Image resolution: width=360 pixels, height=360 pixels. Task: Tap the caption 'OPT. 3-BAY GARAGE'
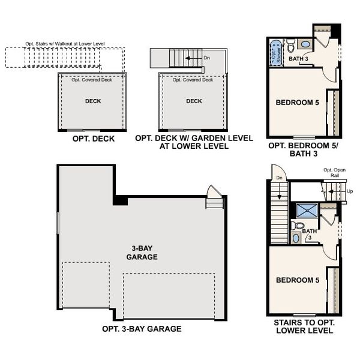tap(142, 329)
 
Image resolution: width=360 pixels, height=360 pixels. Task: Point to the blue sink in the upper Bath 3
tap(305, 44)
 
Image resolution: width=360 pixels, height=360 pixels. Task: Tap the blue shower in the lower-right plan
tap(307, 210)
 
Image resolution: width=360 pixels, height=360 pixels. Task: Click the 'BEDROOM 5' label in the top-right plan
tap(297, 103)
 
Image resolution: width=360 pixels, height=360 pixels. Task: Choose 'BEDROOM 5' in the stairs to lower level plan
tap(297, 280)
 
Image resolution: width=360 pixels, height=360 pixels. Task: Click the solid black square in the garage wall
tap(120, 200)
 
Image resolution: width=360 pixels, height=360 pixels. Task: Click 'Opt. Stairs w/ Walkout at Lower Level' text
tap(65, 44)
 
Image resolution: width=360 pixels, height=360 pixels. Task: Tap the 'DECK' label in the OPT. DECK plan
tap(93, 101)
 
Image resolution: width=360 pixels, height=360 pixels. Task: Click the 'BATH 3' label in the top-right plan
tap(298, 59)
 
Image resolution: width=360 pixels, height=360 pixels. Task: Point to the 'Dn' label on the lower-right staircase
tap(279, 178)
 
